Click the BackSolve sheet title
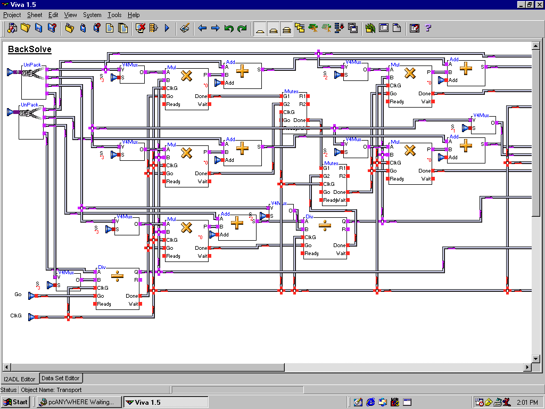click(x=30, y=50)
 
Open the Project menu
click(x=12, y=15)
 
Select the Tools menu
click(x=114, y=15)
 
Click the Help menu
click(x=134, y=15)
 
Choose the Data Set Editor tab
click(x=61, y=378)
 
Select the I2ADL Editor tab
click(x=20, y=379)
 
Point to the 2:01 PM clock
click(x=526, y=402)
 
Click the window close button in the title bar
click(x=539, y=4)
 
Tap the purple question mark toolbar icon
click(x=427, y=28)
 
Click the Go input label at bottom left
click(x=18, y=294)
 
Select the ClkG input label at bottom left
click(x=16, y=316)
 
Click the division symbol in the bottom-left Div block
click(x=117, y=276)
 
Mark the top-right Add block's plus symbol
click(x=466, y=69)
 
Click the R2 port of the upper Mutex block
click(x=302, y=104)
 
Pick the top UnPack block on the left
click(x=33, y=81)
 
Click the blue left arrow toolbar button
click(x=202, y=28)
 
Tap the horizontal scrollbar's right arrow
click(x=527, y=367)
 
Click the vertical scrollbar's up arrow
click(x=536, y=46)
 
